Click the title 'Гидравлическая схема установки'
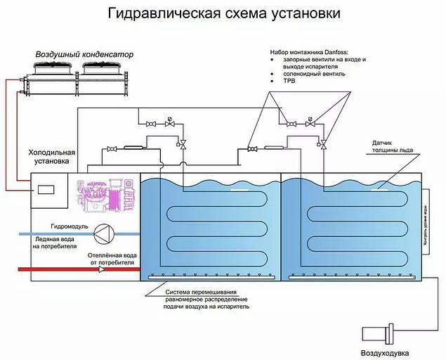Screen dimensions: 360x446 click(x=223, y=13)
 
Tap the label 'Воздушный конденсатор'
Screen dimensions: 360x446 click(x=84, y=54)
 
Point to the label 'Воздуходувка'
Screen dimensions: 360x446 click(x=384, y=352)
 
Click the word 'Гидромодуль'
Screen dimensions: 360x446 click(x=69, y=226)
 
